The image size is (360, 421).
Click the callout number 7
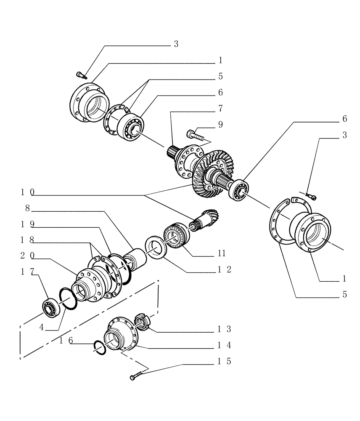point(220,108)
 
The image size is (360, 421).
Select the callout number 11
point(222,253)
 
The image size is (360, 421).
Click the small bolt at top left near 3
point(81,75)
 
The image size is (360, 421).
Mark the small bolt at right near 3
point(312,196)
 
